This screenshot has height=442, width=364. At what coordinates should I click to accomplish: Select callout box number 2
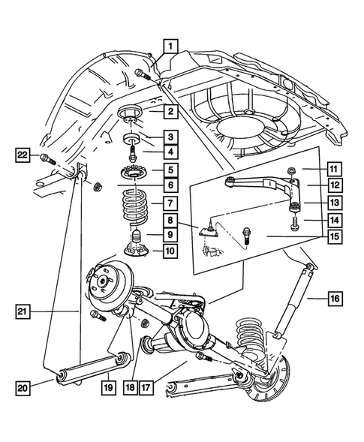(171, 112)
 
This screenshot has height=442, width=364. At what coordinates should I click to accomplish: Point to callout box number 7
(171, 203)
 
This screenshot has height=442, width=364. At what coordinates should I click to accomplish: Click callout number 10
(171, 251)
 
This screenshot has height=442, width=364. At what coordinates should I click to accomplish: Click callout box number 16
(334, 299)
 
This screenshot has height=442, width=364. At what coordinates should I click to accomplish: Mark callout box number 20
(24, 387)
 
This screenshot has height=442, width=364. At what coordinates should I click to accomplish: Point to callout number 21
(24, 309)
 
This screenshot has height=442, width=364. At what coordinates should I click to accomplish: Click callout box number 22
(24, 155)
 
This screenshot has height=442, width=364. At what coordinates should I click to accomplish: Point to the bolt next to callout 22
(46, 159)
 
